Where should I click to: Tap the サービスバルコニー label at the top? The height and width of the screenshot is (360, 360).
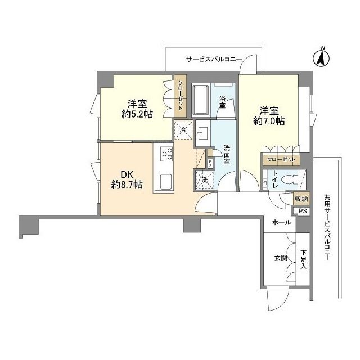point(214,60)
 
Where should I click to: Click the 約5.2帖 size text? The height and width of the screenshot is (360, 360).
point(137,114)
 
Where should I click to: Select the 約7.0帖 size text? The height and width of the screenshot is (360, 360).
point(269,120)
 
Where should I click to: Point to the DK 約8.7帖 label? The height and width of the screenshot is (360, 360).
point(127,180)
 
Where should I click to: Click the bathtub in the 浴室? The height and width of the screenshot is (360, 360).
point(201,101)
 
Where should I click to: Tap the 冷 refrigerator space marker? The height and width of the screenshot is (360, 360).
point(183,130)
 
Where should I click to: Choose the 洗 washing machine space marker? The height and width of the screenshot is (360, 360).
point(204,180)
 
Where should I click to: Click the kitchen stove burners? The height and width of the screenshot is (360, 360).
point(166,154)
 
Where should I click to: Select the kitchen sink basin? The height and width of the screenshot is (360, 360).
point(166,182)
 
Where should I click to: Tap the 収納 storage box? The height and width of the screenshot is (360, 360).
point(301,199)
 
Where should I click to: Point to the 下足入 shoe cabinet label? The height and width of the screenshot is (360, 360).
point(303,259)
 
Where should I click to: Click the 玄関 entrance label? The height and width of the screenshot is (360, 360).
point(281,258)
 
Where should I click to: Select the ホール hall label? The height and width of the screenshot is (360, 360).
point(281,222)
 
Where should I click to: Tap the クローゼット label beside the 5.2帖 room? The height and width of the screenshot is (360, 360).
point(180,96)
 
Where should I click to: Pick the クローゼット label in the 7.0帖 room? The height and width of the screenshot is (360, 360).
point(281,159)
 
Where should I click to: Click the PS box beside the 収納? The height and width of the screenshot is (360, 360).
point(303,211)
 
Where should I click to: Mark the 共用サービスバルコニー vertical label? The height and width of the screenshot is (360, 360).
point(327,228)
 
